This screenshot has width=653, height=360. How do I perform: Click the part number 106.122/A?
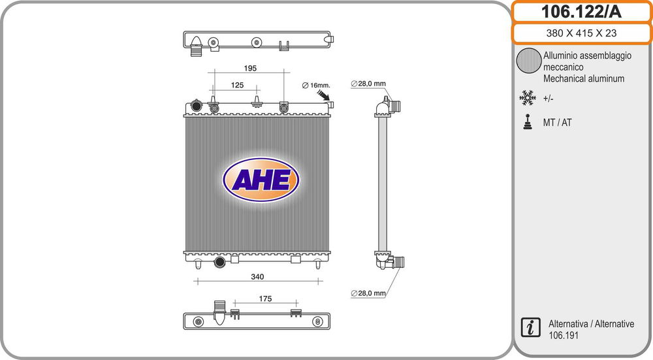581,12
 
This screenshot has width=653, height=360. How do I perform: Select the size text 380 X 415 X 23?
581,33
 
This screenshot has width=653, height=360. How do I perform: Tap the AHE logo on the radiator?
261,180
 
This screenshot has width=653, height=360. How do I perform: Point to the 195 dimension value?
250,68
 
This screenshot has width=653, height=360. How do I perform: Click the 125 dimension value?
237,85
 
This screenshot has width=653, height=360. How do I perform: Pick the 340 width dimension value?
257,276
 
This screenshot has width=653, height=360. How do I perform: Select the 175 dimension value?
265,299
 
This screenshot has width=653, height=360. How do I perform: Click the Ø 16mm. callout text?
315,86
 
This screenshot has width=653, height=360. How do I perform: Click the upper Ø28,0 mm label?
368,84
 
